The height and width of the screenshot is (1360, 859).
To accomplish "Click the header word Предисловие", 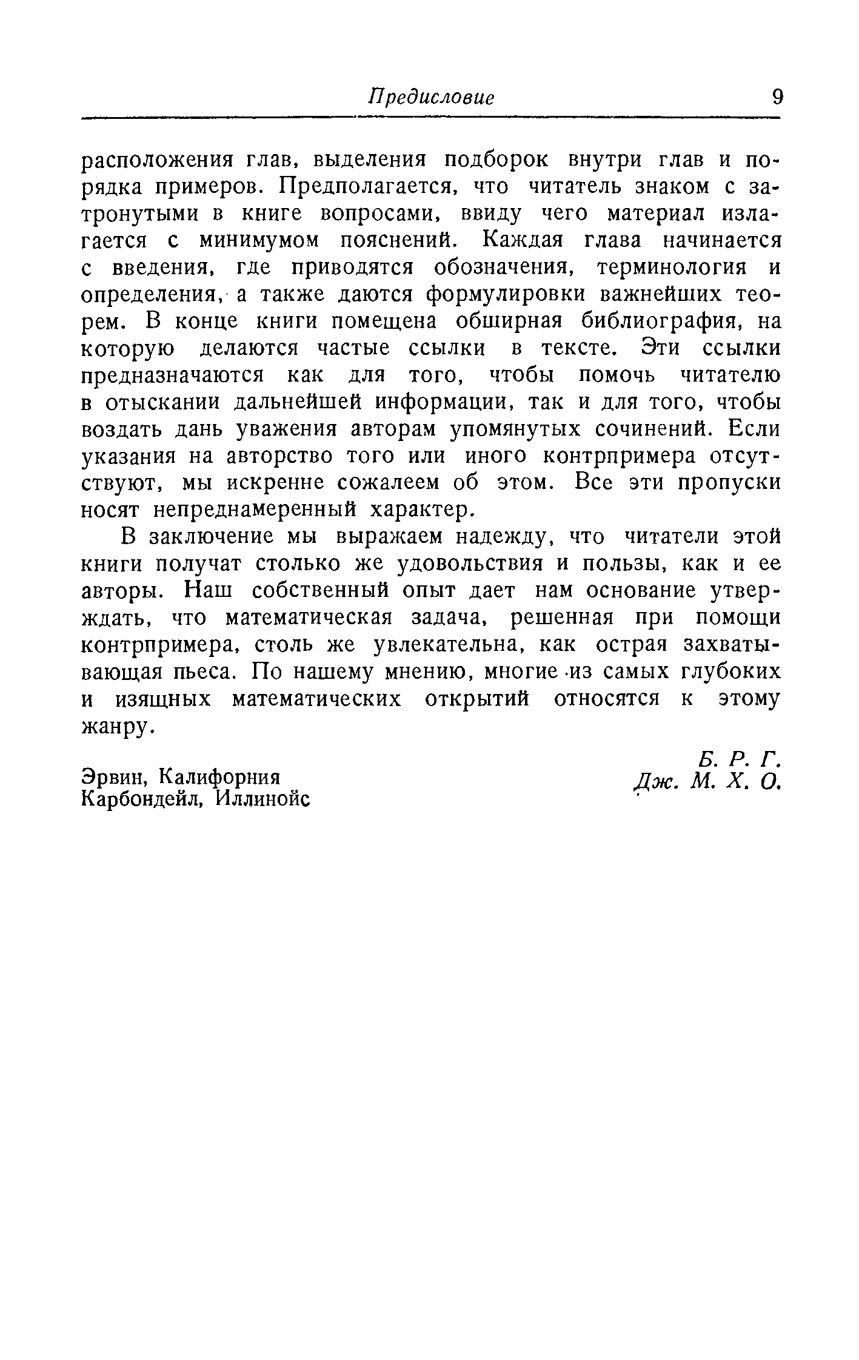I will tap(431, 97).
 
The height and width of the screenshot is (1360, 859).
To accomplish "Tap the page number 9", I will tap(776, 97).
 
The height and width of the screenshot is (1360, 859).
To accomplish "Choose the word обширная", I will tap(503, 321).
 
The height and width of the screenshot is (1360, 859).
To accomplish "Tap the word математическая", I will tap(309, 618).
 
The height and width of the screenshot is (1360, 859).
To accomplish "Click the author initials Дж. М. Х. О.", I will tap(706, 783).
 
